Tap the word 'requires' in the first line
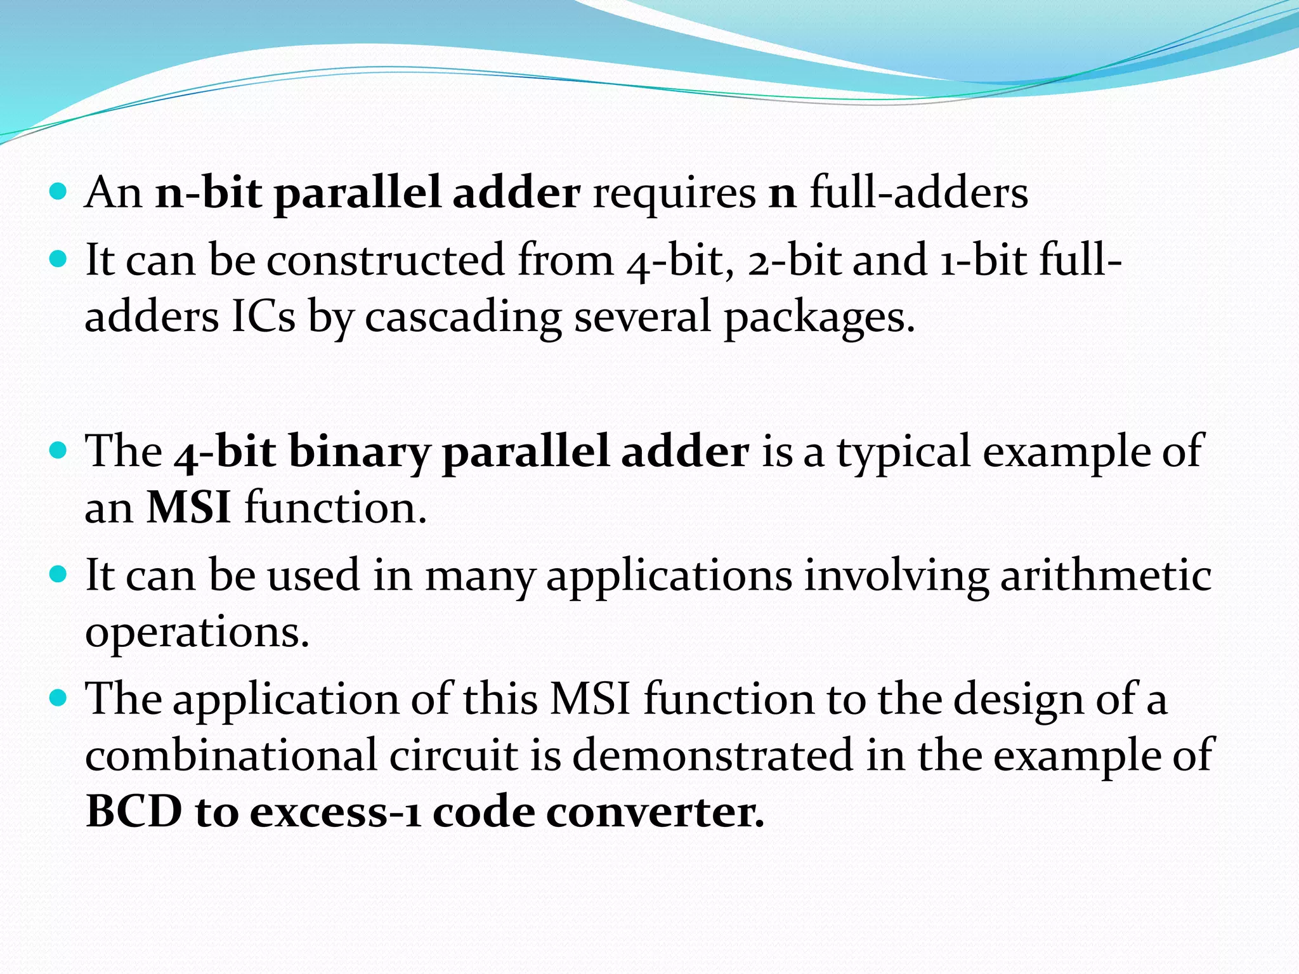tap(674, 194)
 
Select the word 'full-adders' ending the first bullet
tap(919, 193)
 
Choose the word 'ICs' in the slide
tap(263, 316)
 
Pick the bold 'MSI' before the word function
tap(189, 508)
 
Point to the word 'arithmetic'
tap(1106, 576)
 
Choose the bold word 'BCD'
tap(134, 812)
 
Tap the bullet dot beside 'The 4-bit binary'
tap(58, 451)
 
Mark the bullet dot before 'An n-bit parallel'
tap(58, 192)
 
